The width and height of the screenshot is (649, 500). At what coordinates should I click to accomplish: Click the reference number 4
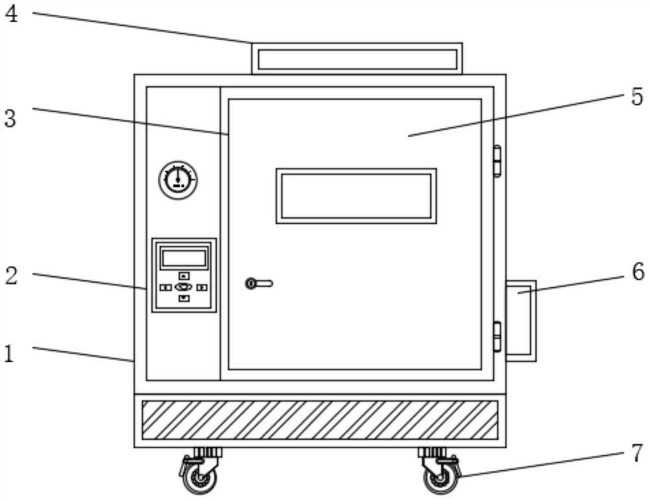11,14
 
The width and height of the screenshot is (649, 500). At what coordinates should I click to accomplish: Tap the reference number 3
10,119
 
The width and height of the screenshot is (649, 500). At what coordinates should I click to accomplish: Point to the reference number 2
11,275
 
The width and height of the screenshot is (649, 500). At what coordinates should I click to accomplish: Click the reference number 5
637,97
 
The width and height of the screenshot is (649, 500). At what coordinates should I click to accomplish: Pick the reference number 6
638,272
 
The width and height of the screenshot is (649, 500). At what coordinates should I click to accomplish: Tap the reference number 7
637,453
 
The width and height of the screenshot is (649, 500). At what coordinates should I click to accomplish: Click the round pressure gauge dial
178,180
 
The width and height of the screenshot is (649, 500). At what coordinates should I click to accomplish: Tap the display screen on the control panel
184,258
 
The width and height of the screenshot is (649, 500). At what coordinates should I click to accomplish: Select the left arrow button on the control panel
166,287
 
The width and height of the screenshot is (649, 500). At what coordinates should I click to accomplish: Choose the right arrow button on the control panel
202,287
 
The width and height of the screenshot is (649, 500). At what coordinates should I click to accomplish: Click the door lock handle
259,283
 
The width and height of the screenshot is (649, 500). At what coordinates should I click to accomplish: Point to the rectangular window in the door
356,196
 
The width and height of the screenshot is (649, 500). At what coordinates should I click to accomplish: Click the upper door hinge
498,161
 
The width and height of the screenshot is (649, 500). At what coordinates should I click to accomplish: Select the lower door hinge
498,336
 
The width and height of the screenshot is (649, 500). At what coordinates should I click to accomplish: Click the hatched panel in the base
319,419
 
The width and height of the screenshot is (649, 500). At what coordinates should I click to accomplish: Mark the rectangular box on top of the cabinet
356,58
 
